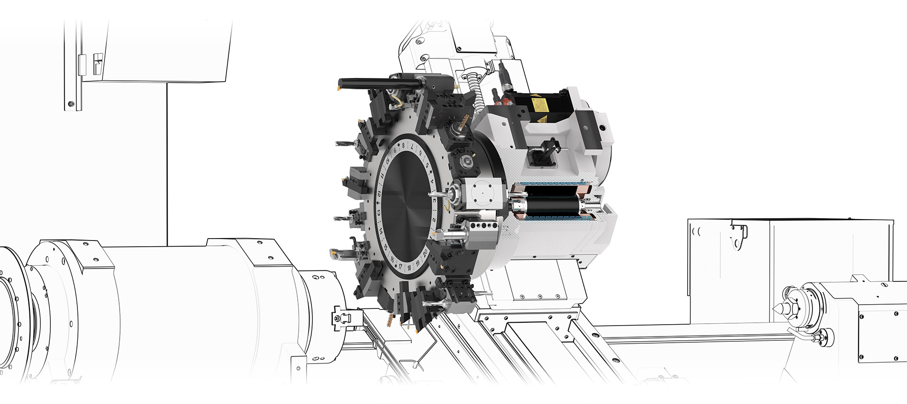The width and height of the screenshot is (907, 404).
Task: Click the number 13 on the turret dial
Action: pos(378,212)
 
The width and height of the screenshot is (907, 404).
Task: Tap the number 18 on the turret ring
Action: pos(409,268)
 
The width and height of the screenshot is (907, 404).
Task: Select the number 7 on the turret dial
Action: pos(412,146)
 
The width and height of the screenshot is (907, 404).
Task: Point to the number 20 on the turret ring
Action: pos(425,252)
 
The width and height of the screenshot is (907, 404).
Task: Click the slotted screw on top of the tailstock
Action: pos(884,285)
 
